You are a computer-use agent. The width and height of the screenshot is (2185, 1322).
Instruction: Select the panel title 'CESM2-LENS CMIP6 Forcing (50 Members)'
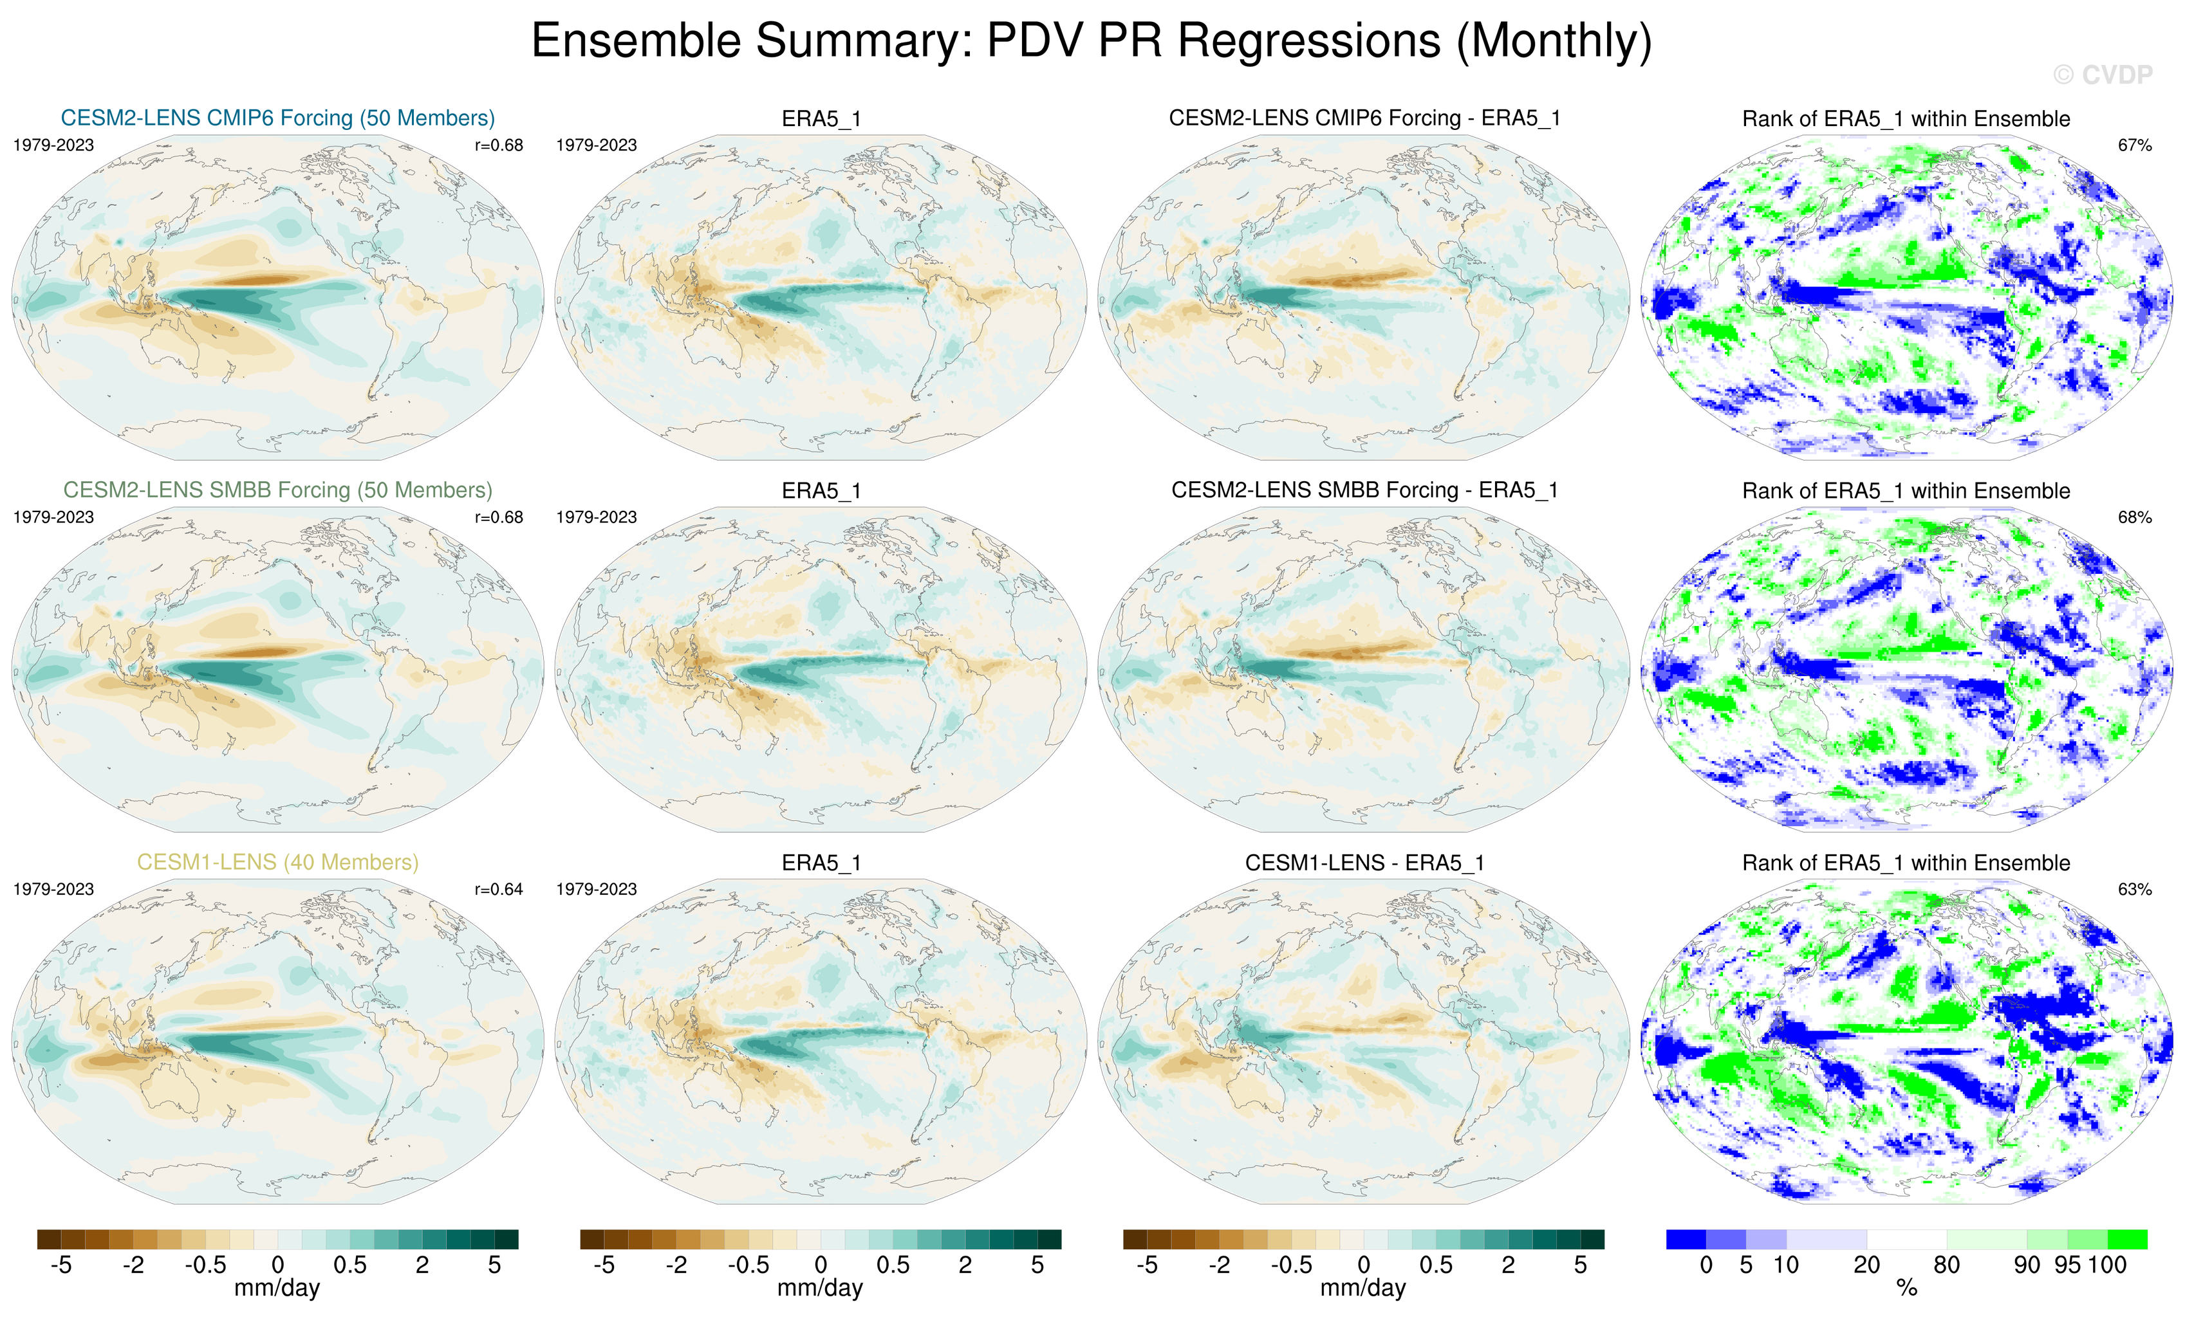(277, 118)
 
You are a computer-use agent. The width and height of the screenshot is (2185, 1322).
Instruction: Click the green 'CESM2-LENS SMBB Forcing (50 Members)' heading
(277, 490)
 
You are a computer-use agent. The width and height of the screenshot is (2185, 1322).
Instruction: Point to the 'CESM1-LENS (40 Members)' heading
(277, 862)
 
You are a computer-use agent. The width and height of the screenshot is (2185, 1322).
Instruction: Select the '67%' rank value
(2134, 145)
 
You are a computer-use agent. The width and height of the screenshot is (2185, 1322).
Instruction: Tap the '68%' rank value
(2134, 517)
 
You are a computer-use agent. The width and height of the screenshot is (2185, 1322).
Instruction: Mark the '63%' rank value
(2134, 889)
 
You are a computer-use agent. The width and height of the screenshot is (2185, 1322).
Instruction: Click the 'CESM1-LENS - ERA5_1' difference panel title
(1364, 863)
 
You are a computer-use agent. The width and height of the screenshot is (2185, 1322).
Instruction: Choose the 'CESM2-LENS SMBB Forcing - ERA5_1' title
(1364, 490)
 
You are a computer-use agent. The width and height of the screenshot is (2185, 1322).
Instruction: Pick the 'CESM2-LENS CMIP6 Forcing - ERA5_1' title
(1364, 118)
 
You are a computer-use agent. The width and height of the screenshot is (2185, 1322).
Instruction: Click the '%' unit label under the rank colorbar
(1906, 1289)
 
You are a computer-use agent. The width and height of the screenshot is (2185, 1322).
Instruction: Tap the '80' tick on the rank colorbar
(1946, 1265)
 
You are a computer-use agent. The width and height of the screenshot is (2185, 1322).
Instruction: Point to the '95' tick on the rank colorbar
(2067, 1265)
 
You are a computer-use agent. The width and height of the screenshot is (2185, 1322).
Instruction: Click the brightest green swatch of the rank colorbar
(2126, 1240)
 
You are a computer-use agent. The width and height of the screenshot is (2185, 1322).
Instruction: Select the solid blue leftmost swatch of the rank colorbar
(1686, 1240)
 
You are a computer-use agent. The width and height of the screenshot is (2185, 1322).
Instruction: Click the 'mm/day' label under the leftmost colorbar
(277, 1289)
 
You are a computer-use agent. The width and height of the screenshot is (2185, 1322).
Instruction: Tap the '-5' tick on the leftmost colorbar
(60, 1265)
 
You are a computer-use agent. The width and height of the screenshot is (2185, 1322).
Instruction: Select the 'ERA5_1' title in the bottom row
(821, 863)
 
